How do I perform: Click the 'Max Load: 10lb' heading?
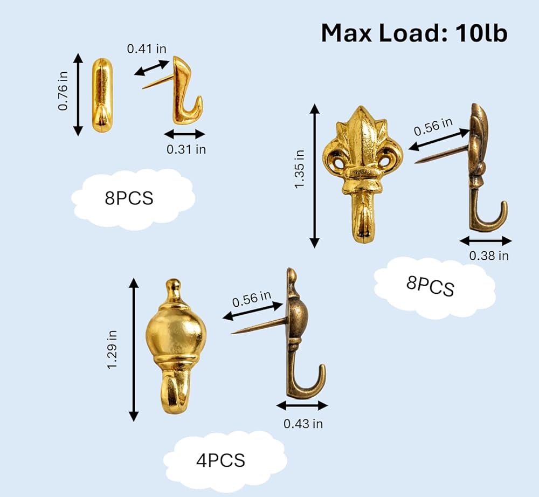tap(414, 33)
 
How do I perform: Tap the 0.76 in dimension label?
tap(63, 91)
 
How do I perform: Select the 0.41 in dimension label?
tap(147, 49)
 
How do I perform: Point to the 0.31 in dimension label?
tap(186, 149)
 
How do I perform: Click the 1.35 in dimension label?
tap(300, 169)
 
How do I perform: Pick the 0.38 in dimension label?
tap(489, 256)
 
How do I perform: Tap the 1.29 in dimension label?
tap(113, 349)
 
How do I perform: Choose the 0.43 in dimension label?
tap(303, 424)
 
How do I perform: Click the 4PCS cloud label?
tap(220, 460)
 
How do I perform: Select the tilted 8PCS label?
tap(430, 286)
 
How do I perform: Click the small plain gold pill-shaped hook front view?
tap(102, 95)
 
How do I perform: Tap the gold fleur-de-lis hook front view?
tap(363, 174)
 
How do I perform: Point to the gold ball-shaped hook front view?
tap(176, 347)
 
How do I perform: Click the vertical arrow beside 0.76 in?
tap(78, 94)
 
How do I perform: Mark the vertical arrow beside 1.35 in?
tap(315, 176)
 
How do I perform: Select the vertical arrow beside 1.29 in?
tap(133, 350)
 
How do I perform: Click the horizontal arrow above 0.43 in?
tap(302, 406)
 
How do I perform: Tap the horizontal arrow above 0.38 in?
tap(486, 241)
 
